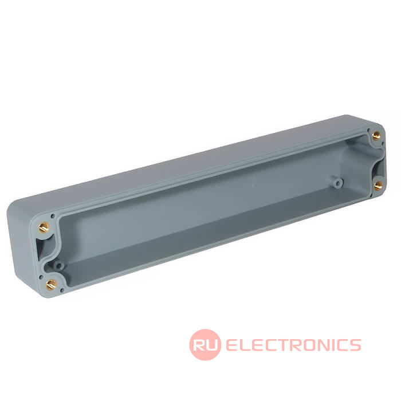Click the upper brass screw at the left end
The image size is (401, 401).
(x=44, y=227)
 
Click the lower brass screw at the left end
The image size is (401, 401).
(x=51, y=284)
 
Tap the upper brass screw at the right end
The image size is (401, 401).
(x=376, y=136)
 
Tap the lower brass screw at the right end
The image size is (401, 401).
(x=378, y=186)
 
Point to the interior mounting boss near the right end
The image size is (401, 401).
(x=339, y=183)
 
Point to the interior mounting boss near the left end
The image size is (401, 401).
(x=58, y=266)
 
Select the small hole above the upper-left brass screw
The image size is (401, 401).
(x=53, y=217)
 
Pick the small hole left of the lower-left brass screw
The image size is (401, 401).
(x=41, y=277)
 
